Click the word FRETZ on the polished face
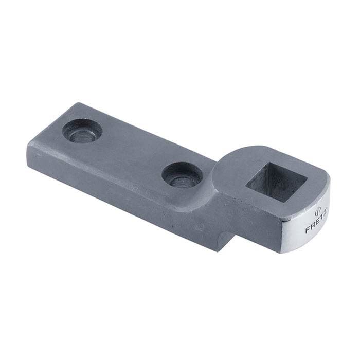[315, 221]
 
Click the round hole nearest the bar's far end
[82, 131]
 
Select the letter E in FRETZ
[315, 222]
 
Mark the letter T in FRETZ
[318, 217]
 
